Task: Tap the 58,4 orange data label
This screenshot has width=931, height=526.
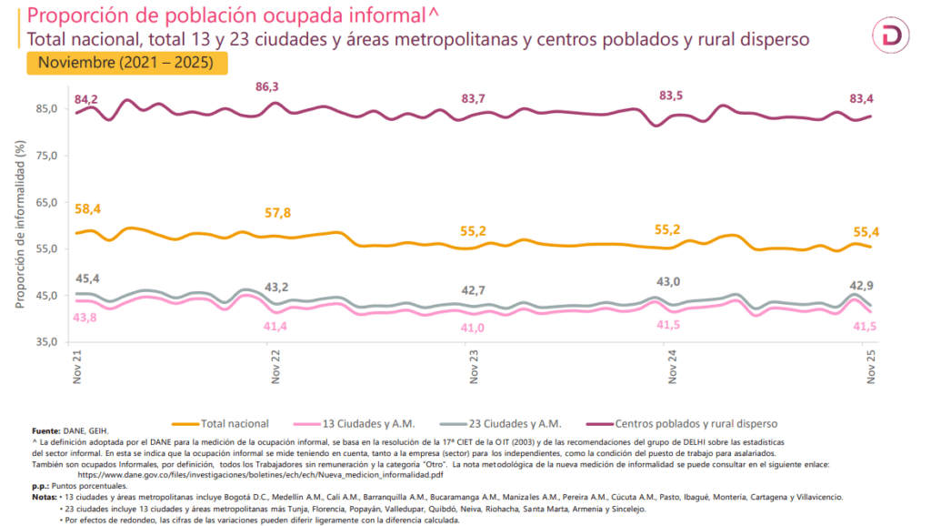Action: (x=87, y=209)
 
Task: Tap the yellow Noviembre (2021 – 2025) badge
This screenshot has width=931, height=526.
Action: (x=126, y=64)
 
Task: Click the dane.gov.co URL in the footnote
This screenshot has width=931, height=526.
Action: (x=261, y=475)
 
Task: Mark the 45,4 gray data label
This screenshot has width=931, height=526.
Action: (x=87, y=278)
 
